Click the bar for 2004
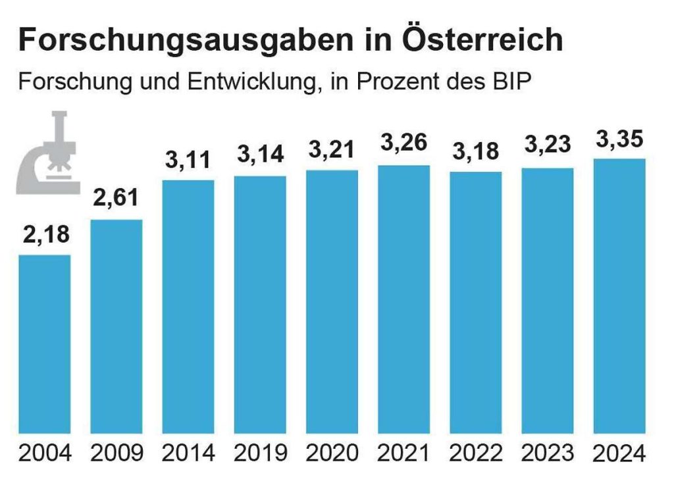[x=45, y=344]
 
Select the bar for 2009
[x=117, y=326]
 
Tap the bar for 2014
[x=188, y=306]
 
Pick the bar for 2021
[x=403, y=299]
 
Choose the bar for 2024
[x=619, y=295]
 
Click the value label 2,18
[x=45, y=234]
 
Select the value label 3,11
[x=189, y=160]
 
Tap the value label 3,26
[x=404, y=142]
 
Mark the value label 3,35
[x=619, y=140]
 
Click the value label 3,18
[x=476, y=151]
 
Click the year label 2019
[x=261, y=453]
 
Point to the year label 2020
[x=332, y=453]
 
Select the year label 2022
[x=476, y=453]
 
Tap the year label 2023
[x=548, y=453]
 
